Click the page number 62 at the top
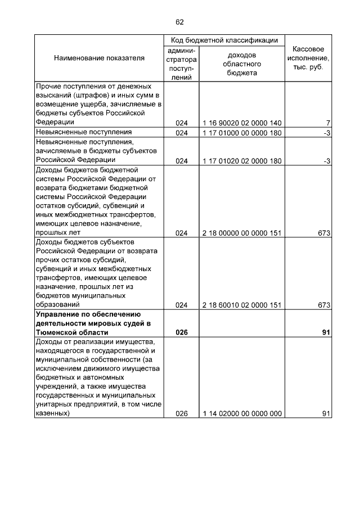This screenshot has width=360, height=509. [x=179, y=22]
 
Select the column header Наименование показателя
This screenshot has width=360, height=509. [x=99, y=58]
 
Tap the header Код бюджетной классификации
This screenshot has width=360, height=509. [x=224, y=40]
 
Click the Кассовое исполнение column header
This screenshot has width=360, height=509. [x=308, y=58]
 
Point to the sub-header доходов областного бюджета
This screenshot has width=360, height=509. [x=242, y=64]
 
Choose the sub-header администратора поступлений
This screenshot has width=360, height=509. [x=181, y=64]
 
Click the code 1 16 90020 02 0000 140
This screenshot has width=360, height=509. [x=242, y=123]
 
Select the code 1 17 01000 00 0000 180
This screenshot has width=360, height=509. [x=242, y=133]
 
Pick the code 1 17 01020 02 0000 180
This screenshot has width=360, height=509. [x=242, y=161]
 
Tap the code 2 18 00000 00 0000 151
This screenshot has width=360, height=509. [x=242, y=233]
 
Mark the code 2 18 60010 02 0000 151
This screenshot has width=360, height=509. [x=242, y=305]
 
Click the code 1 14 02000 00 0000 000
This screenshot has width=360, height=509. [x=242, y=413]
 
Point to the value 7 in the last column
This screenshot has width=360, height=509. [x=327, y=123]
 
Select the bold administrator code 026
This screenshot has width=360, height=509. [x=181, y=332]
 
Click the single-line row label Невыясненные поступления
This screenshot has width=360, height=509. [x=76, y=133]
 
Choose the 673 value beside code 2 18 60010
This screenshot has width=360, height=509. [x=323, y=305]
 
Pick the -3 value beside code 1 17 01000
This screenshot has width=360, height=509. [x=326, y=133]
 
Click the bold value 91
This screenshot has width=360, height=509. [x=325, y=332]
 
